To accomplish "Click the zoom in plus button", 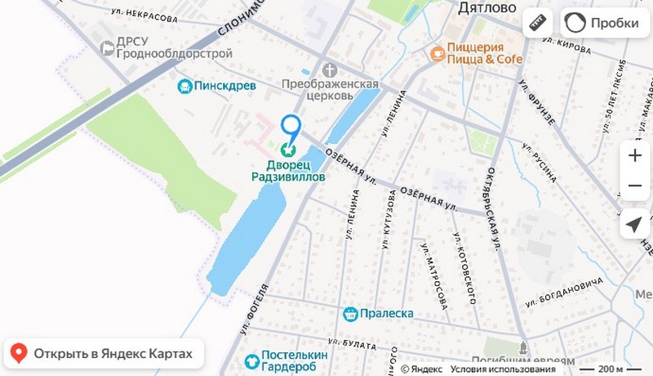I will coord(634,154).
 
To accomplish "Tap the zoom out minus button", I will coord(634,186).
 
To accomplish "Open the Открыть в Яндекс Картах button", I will coord(103,354).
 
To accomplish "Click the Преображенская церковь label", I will coord(330,89).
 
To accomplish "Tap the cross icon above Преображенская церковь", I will coord(329,70).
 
